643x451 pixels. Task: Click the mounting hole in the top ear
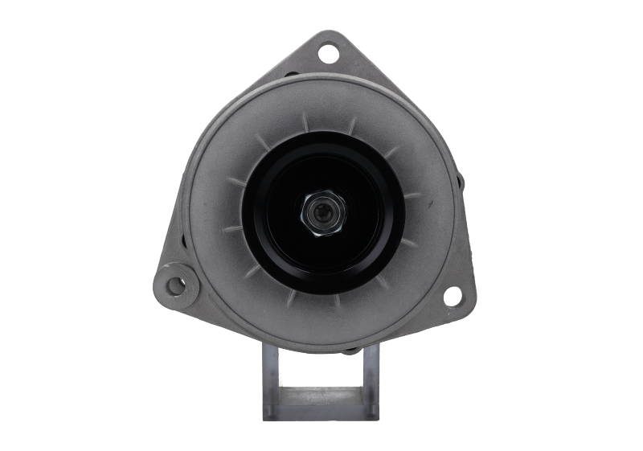pos(327,55)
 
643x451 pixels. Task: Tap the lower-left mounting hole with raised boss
pos(173,285)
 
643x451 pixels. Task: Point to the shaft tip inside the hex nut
pos(321,214)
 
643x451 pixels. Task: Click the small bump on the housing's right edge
pos(459,182)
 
